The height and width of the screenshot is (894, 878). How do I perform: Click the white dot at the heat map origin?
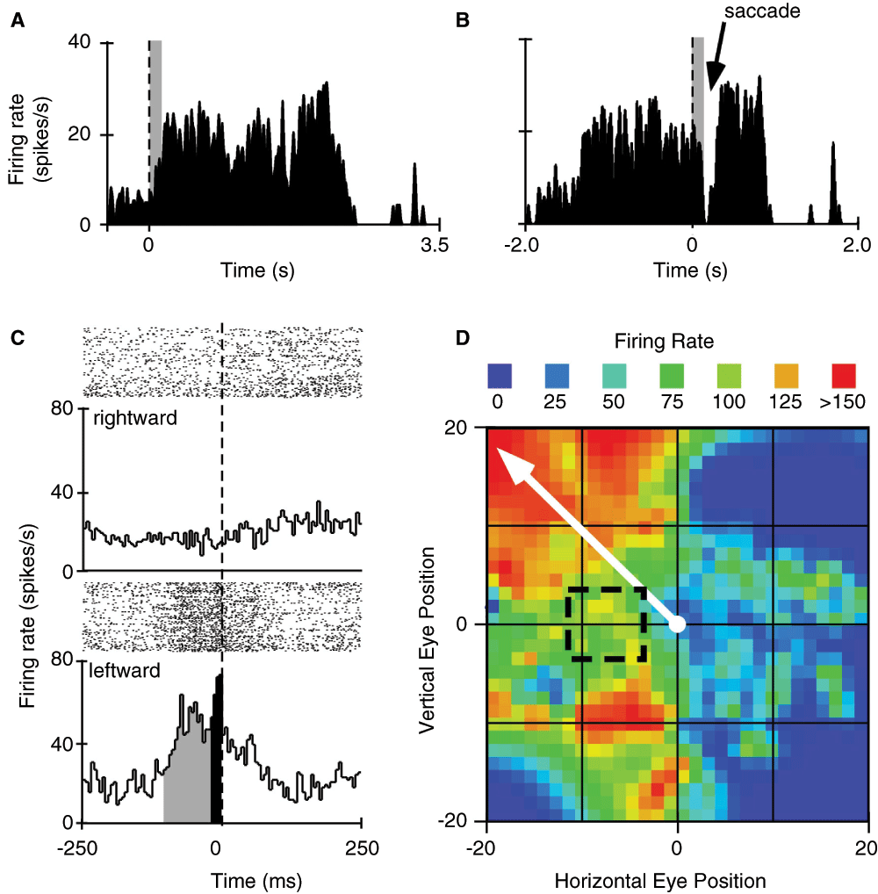point(677,624)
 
